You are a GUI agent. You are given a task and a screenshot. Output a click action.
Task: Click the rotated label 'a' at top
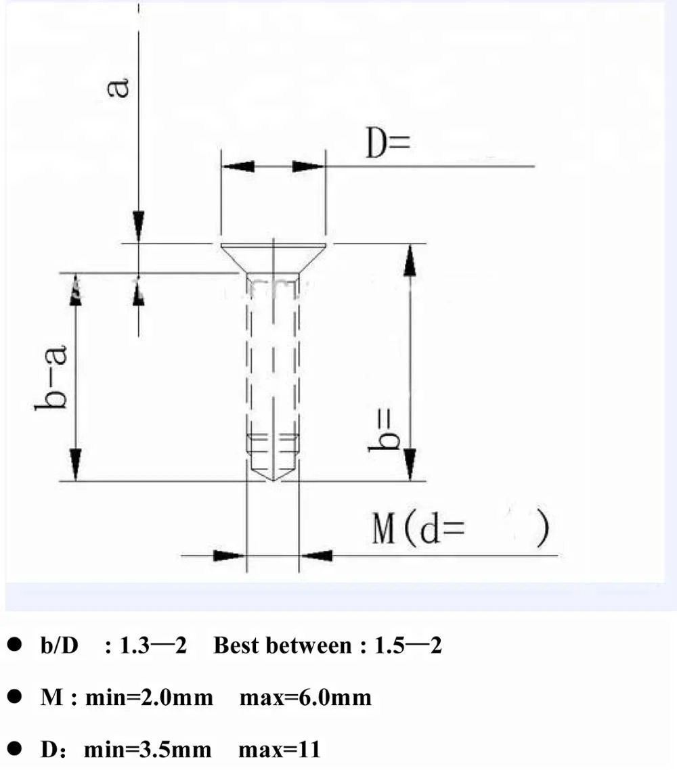click(x=121, y=88)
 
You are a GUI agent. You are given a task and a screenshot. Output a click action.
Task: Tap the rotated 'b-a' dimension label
click(x=53, y=377)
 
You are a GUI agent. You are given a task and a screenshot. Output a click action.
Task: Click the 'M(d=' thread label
click(x=418, y=530)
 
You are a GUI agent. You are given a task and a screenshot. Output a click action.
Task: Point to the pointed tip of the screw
click(x=272, y=478)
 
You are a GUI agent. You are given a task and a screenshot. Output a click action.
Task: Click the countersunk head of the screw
click(x=272, y=258)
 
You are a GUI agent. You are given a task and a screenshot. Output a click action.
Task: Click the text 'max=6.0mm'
click(x=305, y=698)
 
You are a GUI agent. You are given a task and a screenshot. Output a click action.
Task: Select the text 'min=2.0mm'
click(x=149, y=698)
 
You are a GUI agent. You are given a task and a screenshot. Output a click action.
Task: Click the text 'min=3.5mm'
click(x=148, y=750)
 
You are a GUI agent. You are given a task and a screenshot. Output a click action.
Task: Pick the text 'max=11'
click(x=279, y=750)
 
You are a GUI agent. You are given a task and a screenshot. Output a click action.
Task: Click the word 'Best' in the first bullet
click(x=236, y=646)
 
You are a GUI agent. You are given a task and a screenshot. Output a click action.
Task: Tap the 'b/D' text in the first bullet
click(x=60, y=646)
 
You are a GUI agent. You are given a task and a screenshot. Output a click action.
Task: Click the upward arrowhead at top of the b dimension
click(x=410, y=261)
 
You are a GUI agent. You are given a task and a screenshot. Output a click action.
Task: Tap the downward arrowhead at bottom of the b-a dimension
click(x=74, y=466)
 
